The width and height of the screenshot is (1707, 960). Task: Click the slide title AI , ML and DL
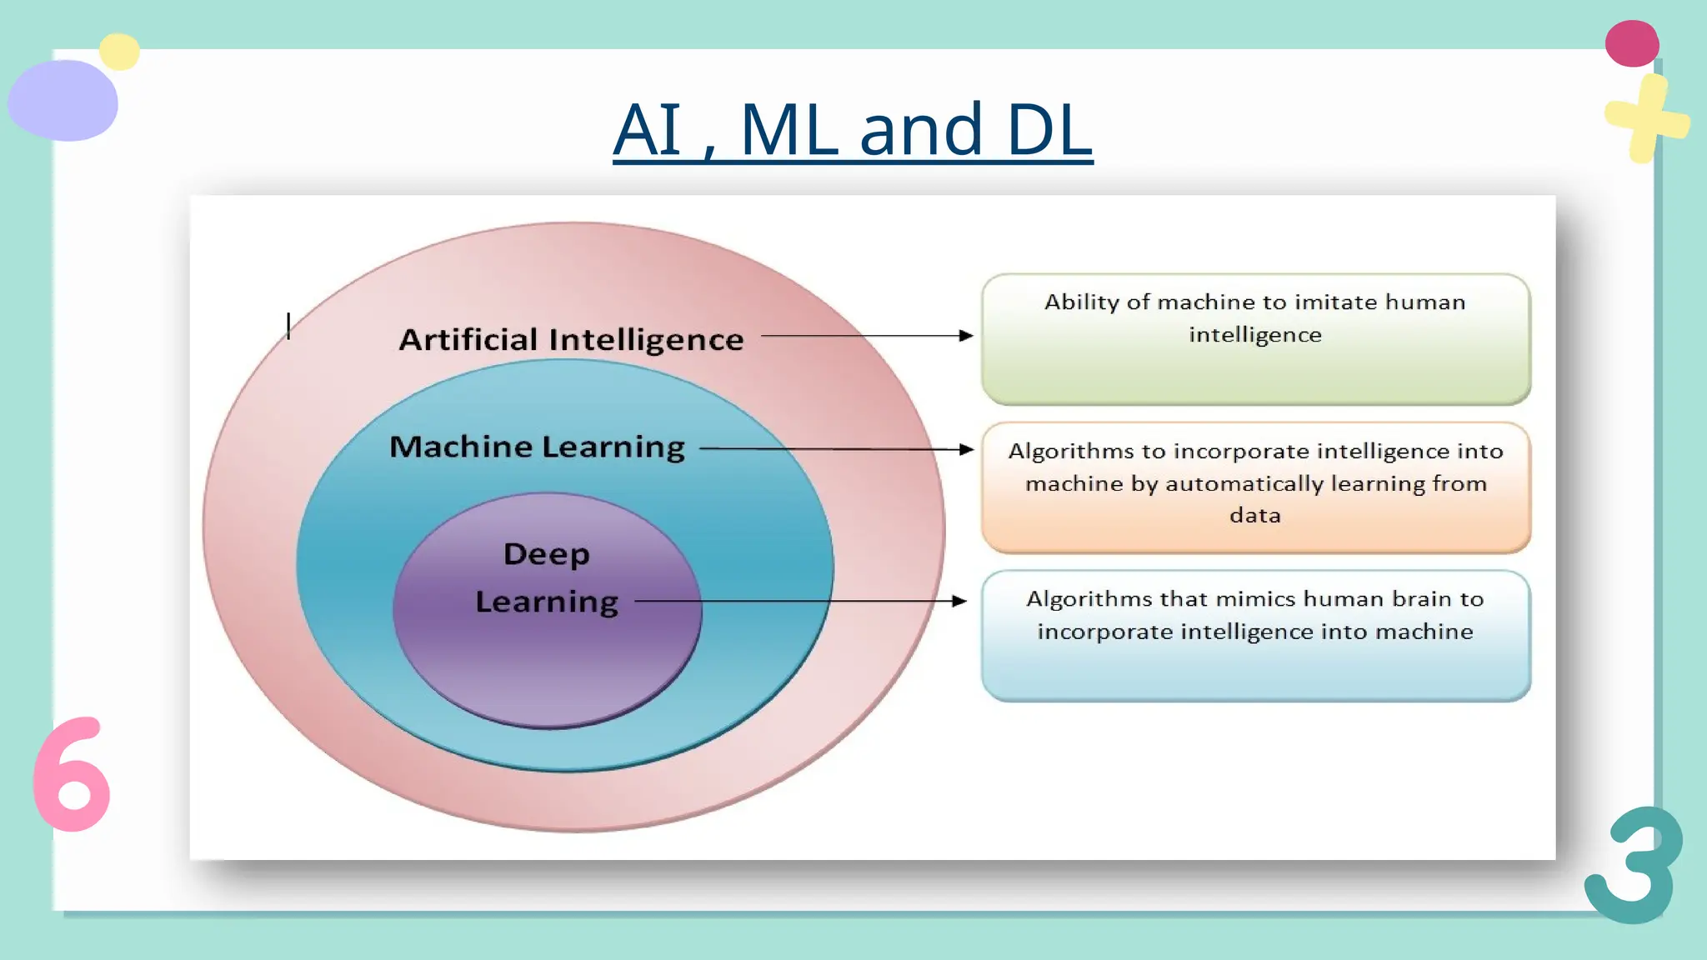(852, 130)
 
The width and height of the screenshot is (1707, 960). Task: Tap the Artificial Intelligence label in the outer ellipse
(571, 340)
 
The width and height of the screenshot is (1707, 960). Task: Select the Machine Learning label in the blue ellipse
(537, 447)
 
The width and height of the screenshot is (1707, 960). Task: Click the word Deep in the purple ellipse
(547, 554)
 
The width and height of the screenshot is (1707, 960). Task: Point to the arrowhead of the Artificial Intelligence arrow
(966, 336)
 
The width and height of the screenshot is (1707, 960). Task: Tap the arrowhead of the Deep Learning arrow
(959, 601)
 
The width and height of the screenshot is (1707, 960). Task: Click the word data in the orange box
(1255, 516)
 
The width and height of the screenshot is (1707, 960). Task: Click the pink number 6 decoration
(72, 775)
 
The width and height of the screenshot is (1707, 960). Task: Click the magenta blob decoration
(1632, 44)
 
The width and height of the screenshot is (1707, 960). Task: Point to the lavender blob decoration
(63, 101)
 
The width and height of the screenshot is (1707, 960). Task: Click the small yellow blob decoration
(119, 52)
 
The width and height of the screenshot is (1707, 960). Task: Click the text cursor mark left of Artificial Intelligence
(288, 326)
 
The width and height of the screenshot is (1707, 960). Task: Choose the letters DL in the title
(1049, 130)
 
